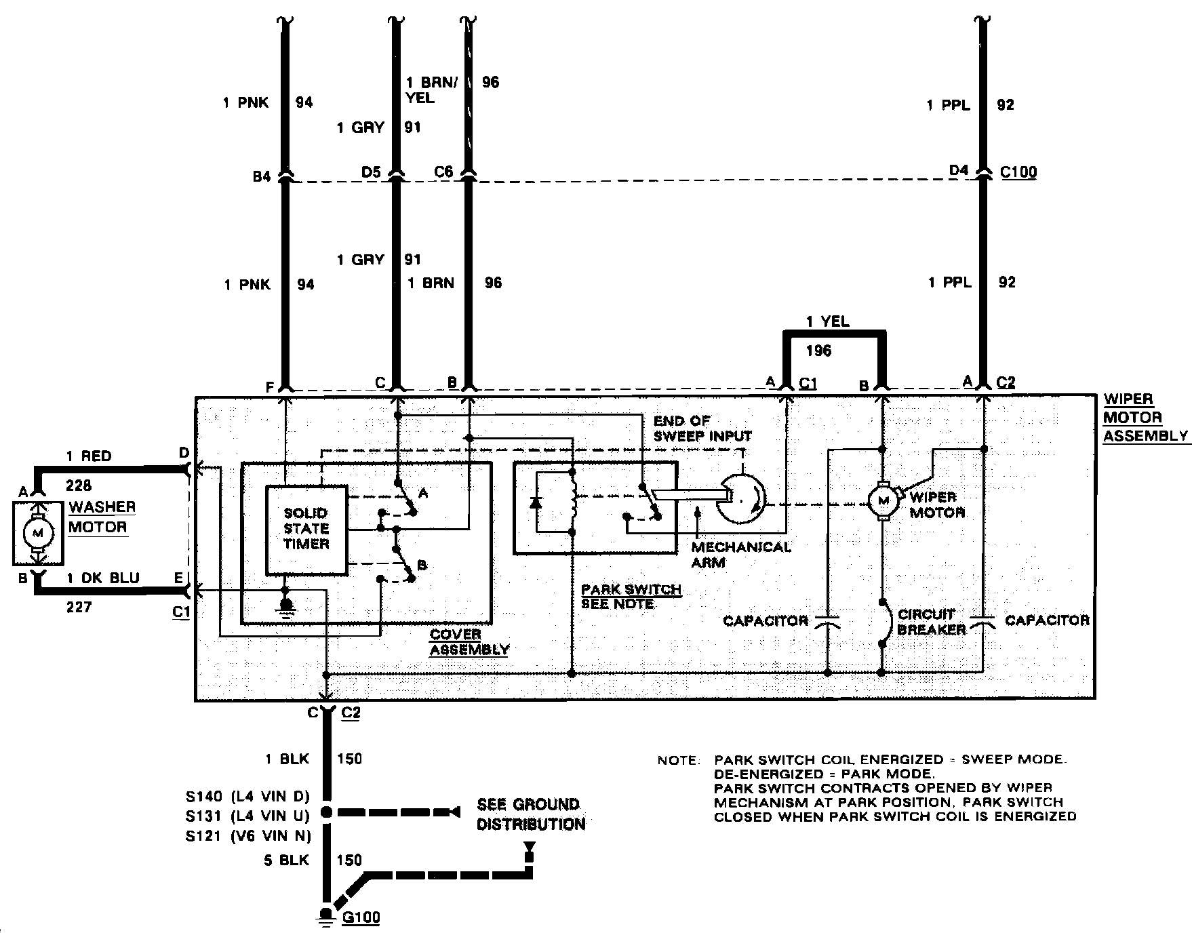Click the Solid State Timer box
pyautogui.click(x=306, y=529)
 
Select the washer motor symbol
pyautogui.click(x=38, y=533)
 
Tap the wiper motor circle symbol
pyautogui.click(x=882, y=501)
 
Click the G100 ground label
pyautogui.click(x=361, y=917)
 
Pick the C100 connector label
pyautogui.click(x=1018, y=172)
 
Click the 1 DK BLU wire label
pyautogui.click(x=103, y=578)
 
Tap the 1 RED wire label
pyautogui.click(x=89, y=456)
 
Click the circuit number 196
pyautogui.click(x=819, y=351)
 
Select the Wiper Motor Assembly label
pyautogui.click(x=1145, y=418)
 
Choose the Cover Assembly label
pyautogui.click(x=469, y=641)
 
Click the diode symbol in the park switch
pyautogui.click(x=537, y=502)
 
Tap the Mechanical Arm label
pyautogui.click(x=741, y=554)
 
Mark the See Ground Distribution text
pyautogui.click(x=531, y=814)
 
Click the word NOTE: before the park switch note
pyautogui.click(x=678, y=761)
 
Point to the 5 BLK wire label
pyautogui.click(x=286, y=860)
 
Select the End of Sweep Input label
pyautogui.click(x=702, y=428)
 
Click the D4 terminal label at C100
pyautogui.click(x=959, y=171)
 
